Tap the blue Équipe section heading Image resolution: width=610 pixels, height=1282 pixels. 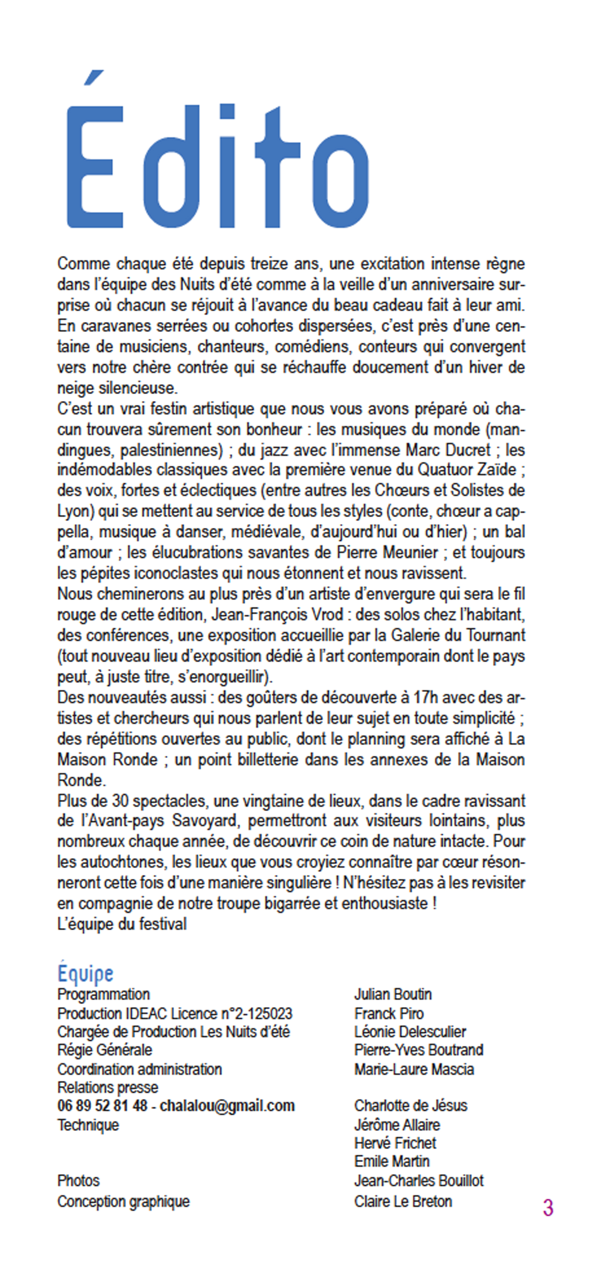pyautogui.click(x=85, y=974)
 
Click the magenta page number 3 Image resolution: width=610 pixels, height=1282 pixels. pyautogui.click(x=548, y=1207)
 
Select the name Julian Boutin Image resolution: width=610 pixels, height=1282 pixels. pyautogui.click(x=393, y=994)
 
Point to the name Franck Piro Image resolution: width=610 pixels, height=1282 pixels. pyautogui.click(x=389, y=1014)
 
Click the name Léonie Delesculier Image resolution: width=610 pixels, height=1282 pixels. pyautogui.click(x=410, y=1032)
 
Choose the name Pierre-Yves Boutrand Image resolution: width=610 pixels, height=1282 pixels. pyautogui.click(x=419, y=1050)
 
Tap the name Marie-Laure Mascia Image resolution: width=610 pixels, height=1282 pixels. pyautogui.click(x=414, y=1069)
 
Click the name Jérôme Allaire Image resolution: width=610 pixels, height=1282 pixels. pyautogui.click(x=397, y=1125)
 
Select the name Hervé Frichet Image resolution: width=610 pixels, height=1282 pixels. pyautogui.click(x=395, y=1143)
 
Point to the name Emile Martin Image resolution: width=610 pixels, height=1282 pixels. pyautogui.click(x=391, y=1162)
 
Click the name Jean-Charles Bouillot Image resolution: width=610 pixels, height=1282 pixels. pyautogui.click(x=419, y=1181)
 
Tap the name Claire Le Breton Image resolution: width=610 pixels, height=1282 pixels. pyautogui.click(x=403, y=1201)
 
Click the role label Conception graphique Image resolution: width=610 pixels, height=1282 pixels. pyautogui.click(x=124, y=1201)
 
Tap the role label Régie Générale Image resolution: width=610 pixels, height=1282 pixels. pyautogui.click(x=105, y=1050)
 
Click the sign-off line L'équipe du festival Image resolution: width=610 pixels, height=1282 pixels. pyautogui.click(x=122, y=924)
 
